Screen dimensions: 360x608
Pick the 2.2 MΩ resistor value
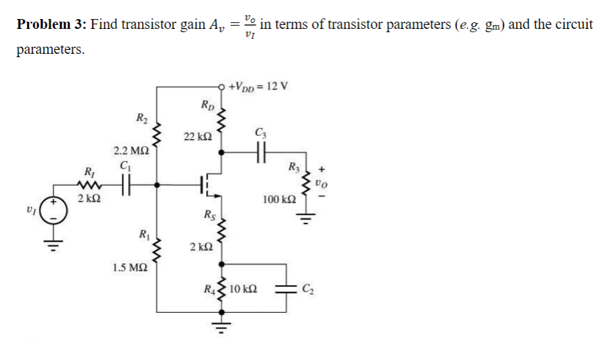click(x=129, y=151)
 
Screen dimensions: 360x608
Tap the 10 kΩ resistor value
click(x=243, y=288)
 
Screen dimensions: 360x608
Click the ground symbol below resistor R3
click(x=304, y=220)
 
